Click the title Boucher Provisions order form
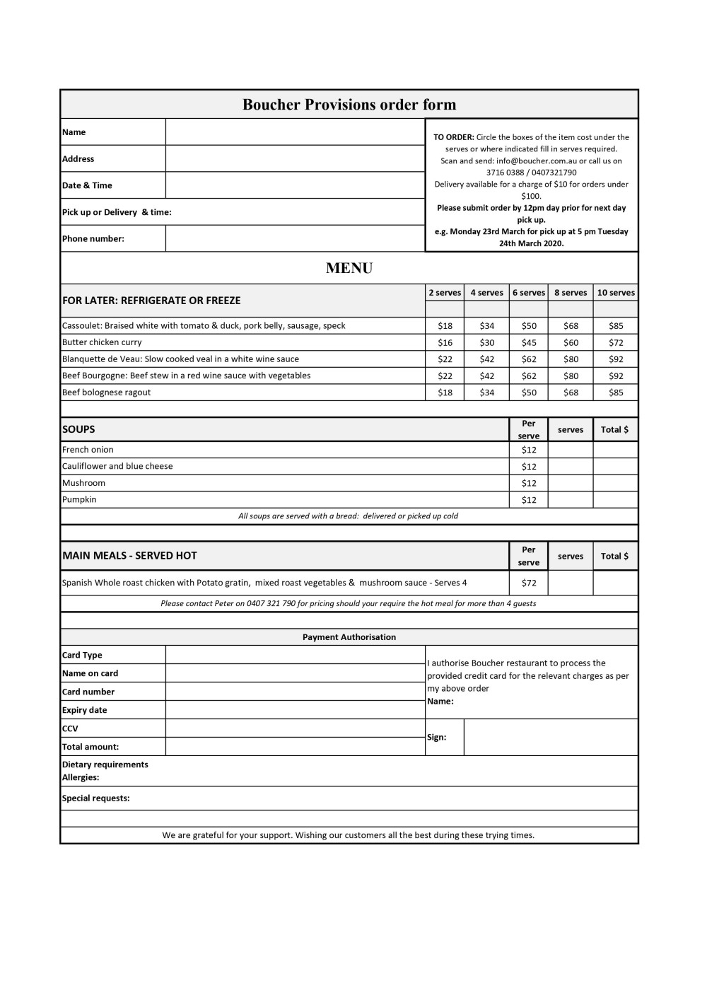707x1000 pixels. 349,105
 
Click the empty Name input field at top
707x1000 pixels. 295,132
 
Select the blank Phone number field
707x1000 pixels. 295,238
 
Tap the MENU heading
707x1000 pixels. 349,268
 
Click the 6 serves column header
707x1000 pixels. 529,293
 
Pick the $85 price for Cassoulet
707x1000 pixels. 616,326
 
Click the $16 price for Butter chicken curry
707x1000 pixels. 445,342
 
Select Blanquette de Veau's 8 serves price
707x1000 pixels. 571,359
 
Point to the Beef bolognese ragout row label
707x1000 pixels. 107,393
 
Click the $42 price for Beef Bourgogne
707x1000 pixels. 487,376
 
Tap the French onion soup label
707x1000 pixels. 88,450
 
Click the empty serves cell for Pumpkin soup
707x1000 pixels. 571,499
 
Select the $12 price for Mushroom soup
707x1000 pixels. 529,483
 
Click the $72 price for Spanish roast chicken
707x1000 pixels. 529,583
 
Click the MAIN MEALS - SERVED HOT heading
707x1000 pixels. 130,556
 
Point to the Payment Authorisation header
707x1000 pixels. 349,637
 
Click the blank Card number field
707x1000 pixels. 295,692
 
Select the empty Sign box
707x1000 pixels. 551,737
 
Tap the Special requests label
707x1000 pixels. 96,798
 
